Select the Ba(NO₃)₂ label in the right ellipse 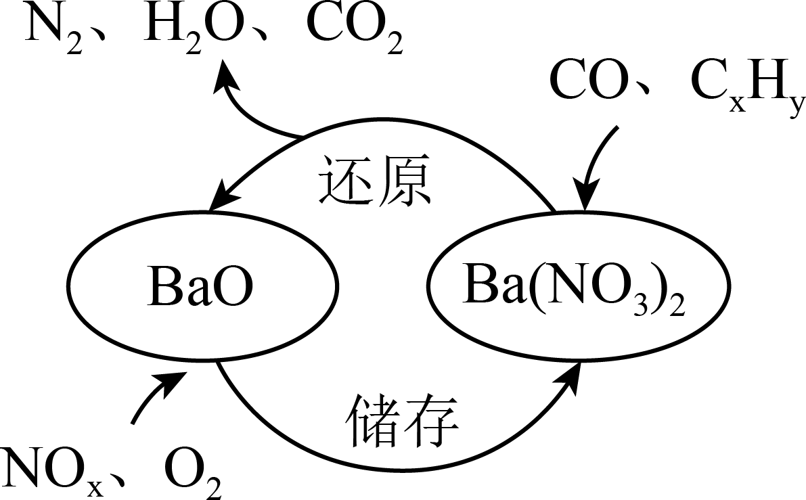click(573, 289)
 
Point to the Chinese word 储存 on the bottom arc click(403, 419)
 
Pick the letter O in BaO click(233, 287)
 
